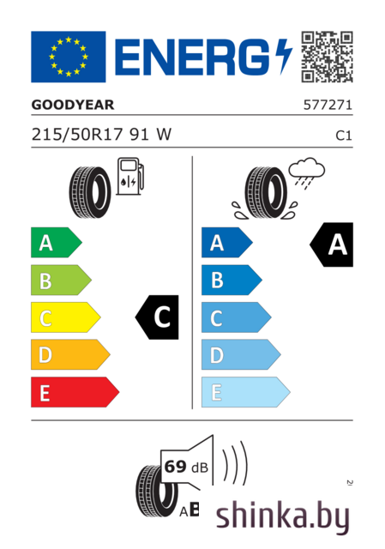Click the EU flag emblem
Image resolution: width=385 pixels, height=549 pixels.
tap(69, 57)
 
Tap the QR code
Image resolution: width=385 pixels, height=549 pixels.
tap(327, 57)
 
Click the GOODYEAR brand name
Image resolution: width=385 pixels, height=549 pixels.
tap(73, 105)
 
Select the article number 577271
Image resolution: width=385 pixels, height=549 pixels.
tap(328, 105)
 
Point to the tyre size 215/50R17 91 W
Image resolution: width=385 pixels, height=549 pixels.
tap(101, 135)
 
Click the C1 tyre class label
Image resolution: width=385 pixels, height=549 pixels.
tap(344, 136)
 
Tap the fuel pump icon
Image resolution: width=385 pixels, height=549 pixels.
tap(130, 176)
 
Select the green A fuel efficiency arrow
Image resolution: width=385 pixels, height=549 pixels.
tap(57, 242)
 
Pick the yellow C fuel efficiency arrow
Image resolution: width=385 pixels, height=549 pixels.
tap(66, 317)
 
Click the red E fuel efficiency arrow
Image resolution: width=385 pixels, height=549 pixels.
tap(75, 392)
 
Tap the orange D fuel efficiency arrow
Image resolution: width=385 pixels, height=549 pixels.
tap(70, 354)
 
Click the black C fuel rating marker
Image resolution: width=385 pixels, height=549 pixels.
tap(157, 317)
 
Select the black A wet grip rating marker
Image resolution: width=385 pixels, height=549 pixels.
tap(332, 244)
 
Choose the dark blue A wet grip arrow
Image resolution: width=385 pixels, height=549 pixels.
tap(227, 242)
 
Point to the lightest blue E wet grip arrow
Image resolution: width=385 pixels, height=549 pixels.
tap(246, 392)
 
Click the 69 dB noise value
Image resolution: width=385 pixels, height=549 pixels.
tap(186, 467)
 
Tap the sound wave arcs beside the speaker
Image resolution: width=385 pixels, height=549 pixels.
tap(235, 463)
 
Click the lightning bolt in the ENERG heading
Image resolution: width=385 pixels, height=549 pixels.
tap(284, 56)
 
